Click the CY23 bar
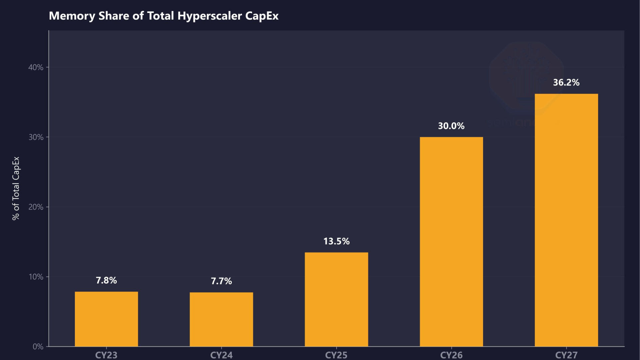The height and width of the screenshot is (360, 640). pyautogui.click(x=106, y=319)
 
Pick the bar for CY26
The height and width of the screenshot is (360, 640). pyautogui.click(x=451, y=242)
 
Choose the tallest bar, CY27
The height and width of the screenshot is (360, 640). pyautogui.click(x=566, y=220)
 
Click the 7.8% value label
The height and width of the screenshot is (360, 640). pyautogui.click(x=106, y=280)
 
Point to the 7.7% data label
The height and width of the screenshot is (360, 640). pyautogui.click(x=221, y=281)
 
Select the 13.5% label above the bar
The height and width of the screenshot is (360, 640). pyautogui.click(x=336, y=241)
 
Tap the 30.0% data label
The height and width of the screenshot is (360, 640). pyautogui.click(x=451, y=126)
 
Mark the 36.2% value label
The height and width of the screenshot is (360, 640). pyautogui.click(x=566, y=82)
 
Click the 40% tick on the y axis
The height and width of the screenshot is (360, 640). pyautogui.click(x=36, y=67)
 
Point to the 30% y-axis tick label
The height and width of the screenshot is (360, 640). pyautogui.click(x=36, y=137)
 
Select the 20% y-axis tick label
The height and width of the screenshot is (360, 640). pyautogui.click(x=36, y=207)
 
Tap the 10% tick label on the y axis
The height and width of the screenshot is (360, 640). pyautogui.click(x=36, y=277)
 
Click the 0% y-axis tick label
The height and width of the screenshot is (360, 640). pyautogui.click(x=38, y=347)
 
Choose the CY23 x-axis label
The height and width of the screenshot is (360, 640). pyautogui.click(x=106, y=355)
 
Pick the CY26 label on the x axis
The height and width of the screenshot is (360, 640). pyautogui.click(x=451, y=355)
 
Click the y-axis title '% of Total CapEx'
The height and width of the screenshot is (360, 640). pyautogui.click(x=16, y=188)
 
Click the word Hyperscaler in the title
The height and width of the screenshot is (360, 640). pyautogui.click(x=209, y=16)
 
